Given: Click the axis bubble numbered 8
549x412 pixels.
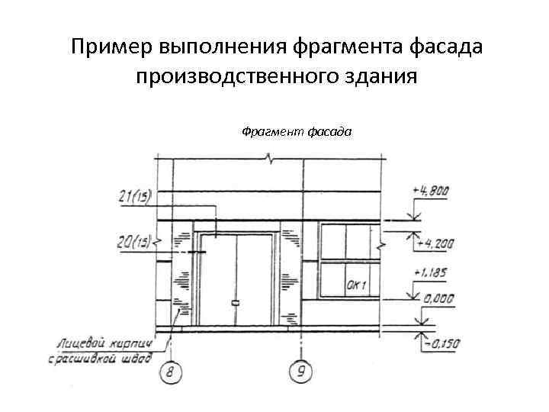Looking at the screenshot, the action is (x=172, y=372).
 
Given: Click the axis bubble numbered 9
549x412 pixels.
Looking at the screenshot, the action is (x=302, y=372).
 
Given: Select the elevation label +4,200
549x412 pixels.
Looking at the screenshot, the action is (x=435, y=244).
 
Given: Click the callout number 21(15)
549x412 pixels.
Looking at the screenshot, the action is (x=134, y=197).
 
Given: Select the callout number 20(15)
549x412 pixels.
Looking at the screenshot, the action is (x=134, y=243).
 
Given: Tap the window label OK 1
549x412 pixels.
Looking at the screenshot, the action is (x=357, y=286).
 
